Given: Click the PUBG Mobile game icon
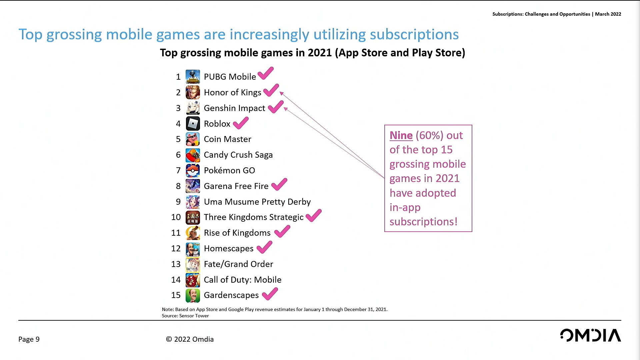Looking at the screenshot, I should pyautogui.click(x=193, y=77).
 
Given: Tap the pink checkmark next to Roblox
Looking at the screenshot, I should pyautogui.click(x=241, y=123).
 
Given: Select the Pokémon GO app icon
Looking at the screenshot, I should pyautogui.click(x=193, y=171).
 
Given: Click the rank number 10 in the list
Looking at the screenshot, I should pyautogui.click(x=176, y=217).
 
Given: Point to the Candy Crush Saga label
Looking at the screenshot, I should pyautogui.click(x=238, y=155).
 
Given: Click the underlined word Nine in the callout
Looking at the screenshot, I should pyautogui.click(x=401, y=135).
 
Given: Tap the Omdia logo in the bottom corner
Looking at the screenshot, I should pyautogui.click(x=590, y=335).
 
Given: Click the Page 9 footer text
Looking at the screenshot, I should pyautogui.click(x=29, y=339).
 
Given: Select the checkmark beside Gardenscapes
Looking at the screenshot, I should pyautogui.click(x=270, y=294).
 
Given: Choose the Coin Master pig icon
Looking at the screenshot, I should pyautogui.click(x=193, y=139).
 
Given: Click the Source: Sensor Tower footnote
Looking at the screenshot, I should pyautogui.click(x=185, y=316).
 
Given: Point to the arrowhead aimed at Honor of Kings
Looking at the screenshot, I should pyautogui.click(x=282, y=93).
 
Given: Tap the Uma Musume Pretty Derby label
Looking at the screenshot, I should pyautogui.click(x=257, y=202).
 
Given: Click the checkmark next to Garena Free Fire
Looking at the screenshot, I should pyautogui.click(x=279, y=184).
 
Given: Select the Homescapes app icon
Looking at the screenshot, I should pyautogui.click(x=193, y=249).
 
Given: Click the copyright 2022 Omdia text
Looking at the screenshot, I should pyautogui.click(x=190, y=339).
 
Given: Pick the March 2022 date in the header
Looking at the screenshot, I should pyautogui.click(x=608, y=14).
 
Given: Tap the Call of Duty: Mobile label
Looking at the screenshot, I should pyautogui.click(x=242, y=280).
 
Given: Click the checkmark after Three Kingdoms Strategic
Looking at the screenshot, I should pyautogui.click(x=313, y=216).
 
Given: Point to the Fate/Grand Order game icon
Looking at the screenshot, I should pyautogui.click(x=193, y=264).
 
